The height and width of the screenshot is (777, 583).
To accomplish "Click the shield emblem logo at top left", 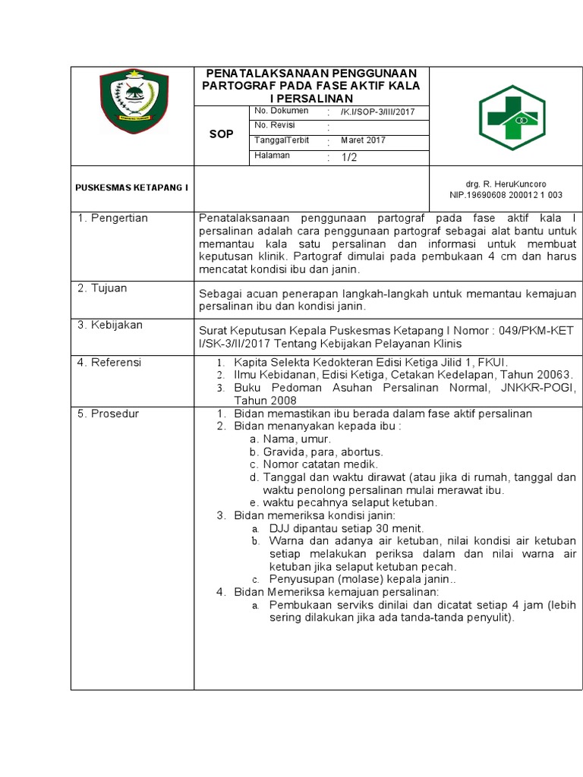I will click(x=134, y=101).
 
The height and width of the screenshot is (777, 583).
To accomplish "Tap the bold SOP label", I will click(x=222, y=134).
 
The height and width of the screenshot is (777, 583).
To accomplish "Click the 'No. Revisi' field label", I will click(x=275, y=125).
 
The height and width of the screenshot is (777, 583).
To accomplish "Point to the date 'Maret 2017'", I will click(x=363, y=140).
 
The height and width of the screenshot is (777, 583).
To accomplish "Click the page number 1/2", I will click(x=348, y=157).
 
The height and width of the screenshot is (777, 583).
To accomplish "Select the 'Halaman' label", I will click(x=272, y=156).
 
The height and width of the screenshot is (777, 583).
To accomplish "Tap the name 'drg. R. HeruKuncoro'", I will click(x=506, y=184).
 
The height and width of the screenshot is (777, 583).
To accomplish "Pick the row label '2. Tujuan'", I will click(x=102, y=288).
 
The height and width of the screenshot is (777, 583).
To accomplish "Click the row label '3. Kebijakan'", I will click(x=110, y=325).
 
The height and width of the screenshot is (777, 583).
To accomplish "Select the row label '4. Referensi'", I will click(x=110, y=363).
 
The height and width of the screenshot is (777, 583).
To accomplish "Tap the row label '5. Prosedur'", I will click(x=108, y=414).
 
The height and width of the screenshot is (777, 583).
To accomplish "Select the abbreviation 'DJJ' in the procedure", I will click(x=280, y=528).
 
